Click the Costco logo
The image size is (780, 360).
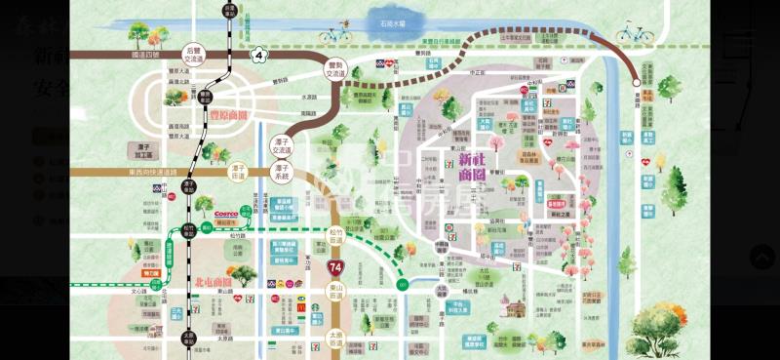coord(226,213)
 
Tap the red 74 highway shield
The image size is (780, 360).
coord(335,264)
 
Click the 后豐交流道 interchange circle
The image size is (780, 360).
coord(193,54)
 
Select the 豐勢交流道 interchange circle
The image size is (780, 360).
coord(335,68)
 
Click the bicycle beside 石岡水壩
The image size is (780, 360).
coord(333,34)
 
